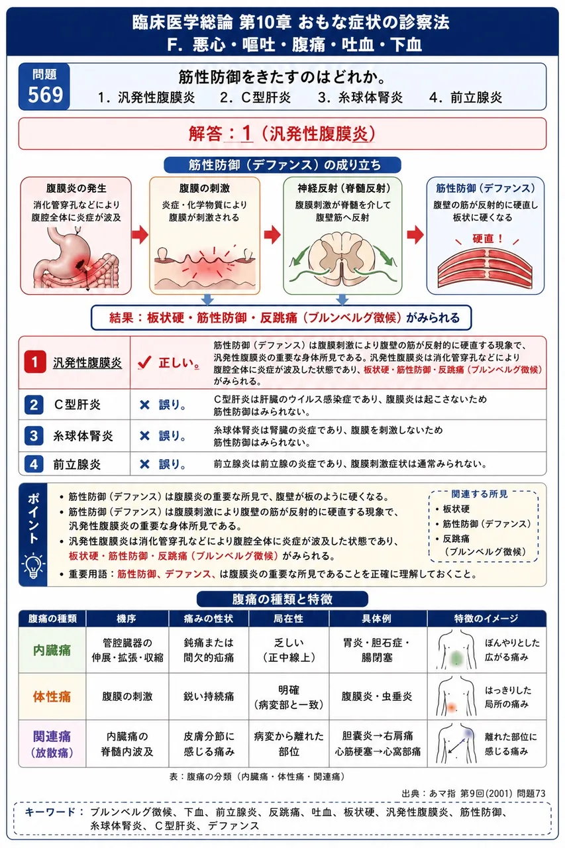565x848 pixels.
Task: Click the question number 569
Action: pyautogui.click(x=46, y=95)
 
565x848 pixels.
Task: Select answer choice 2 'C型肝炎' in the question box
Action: pyautogui.click(x=256, y=97)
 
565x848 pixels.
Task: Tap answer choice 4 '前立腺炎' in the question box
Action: pyautogui.click(x=466, y=97)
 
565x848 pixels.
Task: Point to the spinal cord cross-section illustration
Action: pyautogui.click(x=342, y=258)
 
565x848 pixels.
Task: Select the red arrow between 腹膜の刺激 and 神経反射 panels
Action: pyautogui.click(x=272, y=235)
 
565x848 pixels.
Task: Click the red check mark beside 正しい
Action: pyautogui.click(x=144, y=362)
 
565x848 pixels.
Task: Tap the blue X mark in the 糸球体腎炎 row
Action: pyautogui.click(x=144, y=436)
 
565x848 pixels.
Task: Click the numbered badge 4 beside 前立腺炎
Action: pyautogui.click(x=34, y=464)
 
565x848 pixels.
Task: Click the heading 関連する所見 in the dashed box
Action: pyautogui.click(x=480, y=494)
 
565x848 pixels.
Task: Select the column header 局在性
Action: pyautogui.click(x=289, y=619)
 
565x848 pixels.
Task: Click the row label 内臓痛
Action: pyautogui.click(x=52, y=651)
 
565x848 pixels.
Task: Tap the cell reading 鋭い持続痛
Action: pyautogui.click(x=209, y=696)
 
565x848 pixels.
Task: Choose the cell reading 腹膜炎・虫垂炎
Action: pyautogui.click(x=377, y=696)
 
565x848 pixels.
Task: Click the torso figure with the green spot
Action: pyautogui.click(x=456, y=650)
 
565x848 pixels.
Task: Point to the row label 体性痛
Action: pyautogui.click(x=52, y=696)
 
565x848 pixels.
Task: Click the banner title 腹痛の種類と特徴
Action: pyautogui.click(x=282, y=600)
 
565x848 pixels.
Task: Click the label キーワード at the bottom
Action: pyautogui.click(x=50, y=812)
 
